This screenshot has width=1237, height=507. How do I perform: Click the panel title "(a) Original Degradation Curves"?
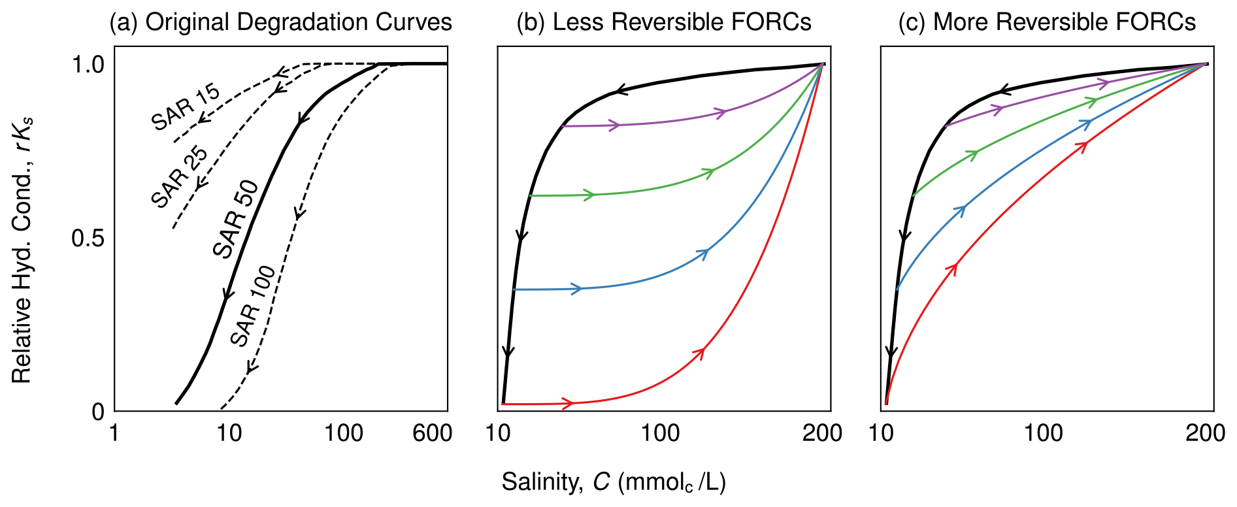[x=280, y=22]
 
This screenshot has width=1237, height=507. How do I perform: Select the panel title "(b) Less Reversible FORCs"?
[x=663, y=22]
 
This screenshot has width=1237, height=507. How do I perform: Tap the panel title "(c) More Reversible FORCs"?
[x=1047, y=22]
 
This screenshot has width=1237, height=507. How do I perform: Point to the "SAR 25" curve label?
[x=179, y=176]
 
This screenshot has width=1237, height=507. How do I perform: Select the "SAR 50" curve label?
[x=236, y=219]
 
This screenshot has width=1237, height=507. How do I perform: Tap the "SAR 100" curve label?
[x=254, y=305]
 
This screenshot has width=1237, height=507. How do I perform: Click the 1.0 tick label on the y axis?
[x=88, y=65]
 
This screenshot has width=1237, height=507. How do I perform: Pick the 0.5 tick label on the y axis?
[x=88, y=238]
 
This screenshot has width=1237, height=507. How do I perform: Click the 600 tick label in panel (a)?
[x=432, y=433]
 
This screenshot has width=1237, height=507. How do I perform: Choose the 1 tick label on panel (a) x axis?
[x=115, y=433]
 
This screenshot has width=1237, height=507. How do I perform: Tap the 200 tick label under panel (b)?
[x=822, y=433]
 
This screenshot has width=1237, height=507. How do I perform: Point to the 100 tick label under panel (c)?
[x=1043, y=433]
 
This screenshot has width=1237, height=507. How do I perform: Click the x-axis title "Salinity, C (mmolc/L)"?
[x=614, y=482]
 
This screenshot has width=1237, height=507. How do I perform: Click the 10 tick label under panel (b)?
[x=499, y=433]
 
